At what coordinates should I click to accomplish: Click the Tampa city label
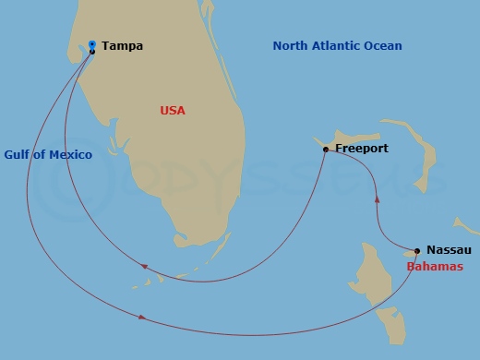pos(122,45)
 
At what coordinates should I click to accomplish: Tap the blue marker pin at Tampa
pos(92,43)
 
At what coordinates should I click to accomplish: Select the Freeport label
pos(362,148)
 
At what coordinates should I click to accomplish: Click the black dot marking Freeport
pos(326,149)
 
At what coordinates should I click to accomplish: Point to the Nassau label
pos(450,250)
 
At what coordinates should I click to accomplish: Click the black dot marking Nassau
pos(417,250)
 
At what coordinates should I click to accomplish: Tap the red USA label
pos(173,111)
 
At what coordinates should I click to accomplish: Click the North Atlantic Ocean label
pos(337,46)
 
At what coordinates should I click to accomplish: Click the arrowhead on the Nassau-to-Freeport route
pos(377,198)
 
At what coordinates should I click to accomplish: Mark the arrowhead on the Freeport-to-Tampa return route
pos(145,267)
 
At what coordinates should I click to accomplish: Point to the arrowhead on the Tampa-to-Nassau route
pos(141,317)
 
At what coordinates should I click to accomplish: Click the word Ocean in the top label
pos(384,46)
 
